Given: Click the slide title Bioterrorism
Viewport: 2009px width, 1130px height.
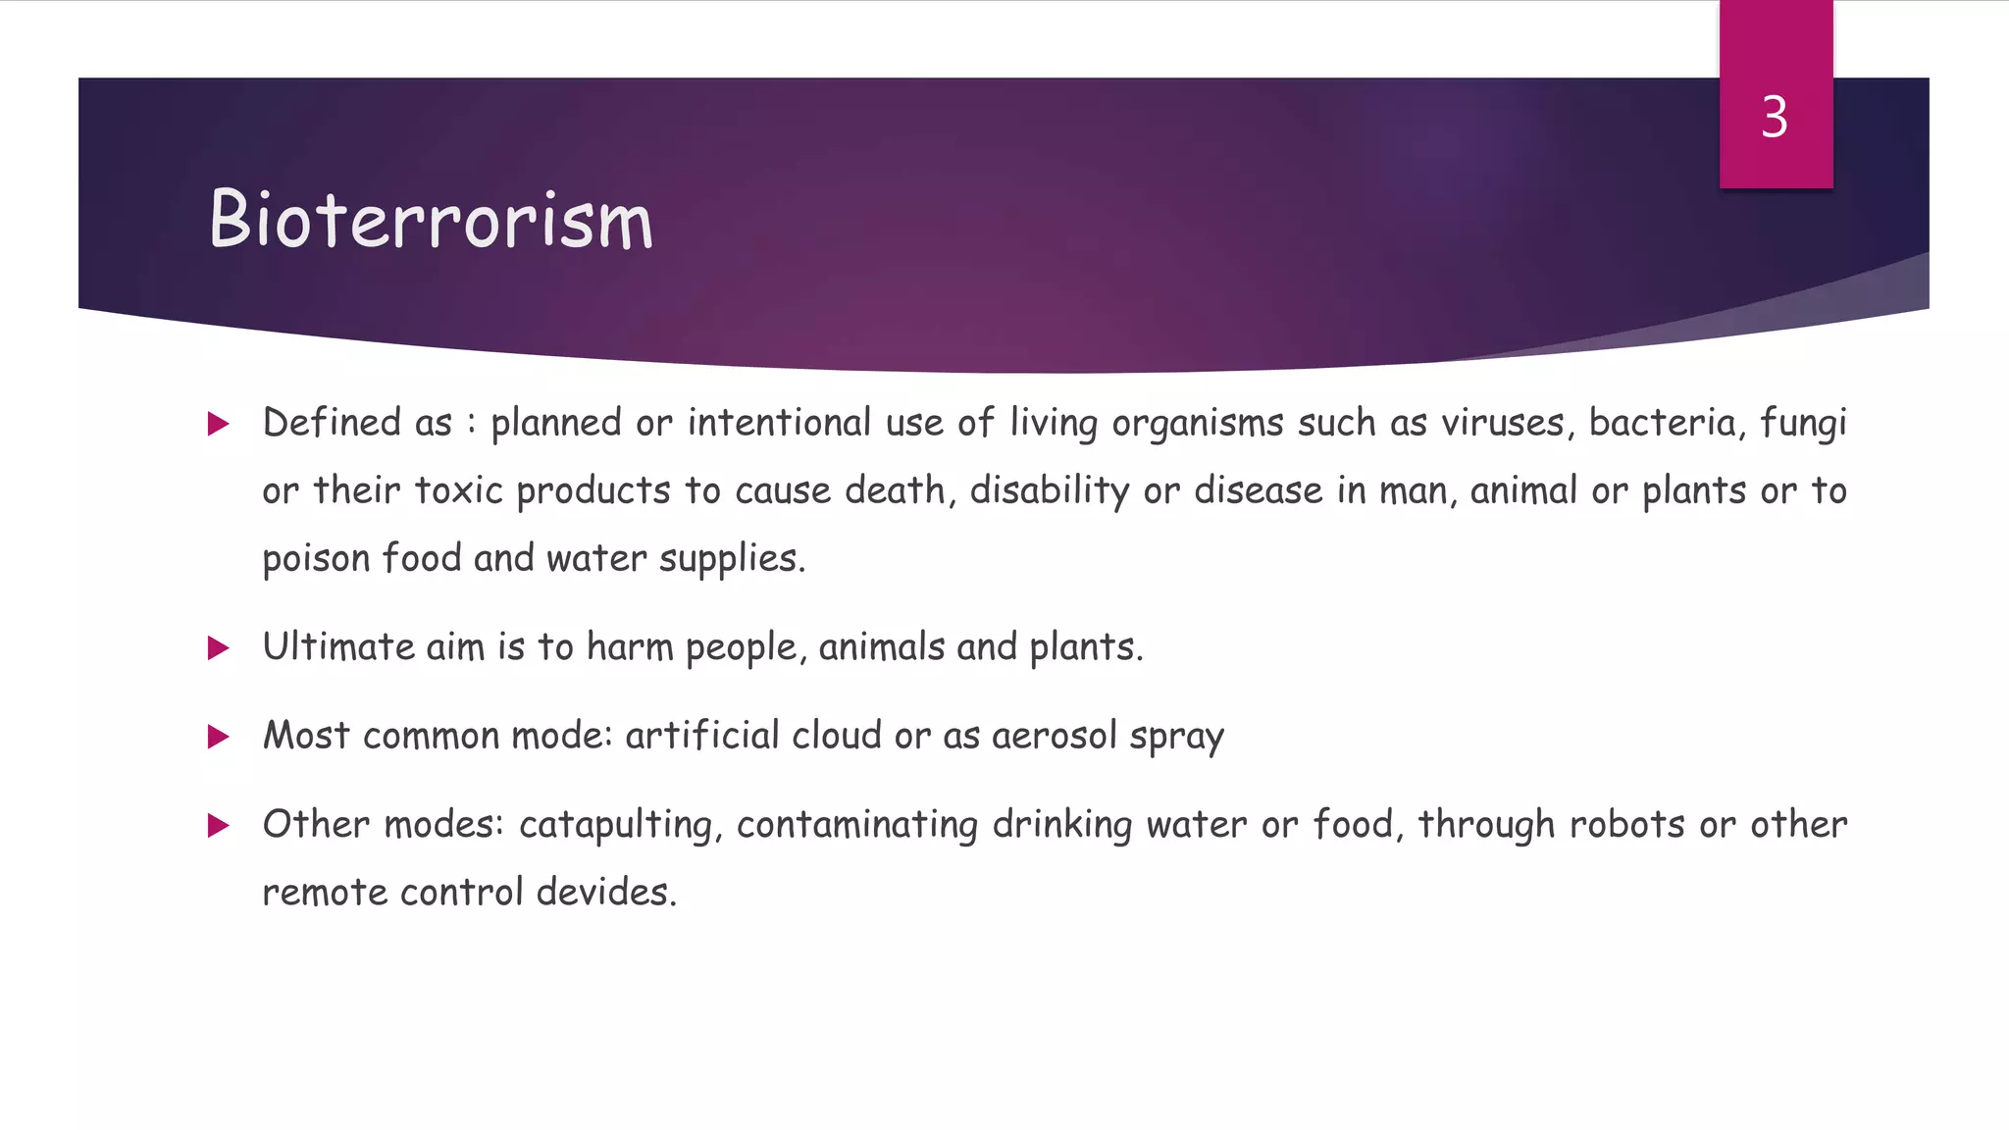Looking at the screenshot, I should pos(431,219).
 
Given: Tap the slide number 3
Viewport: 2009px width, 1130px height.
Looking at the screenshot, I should pos(1775,117).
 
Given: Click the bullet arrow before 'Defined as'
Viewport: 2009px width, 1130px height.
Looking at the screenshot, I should pos(218,424).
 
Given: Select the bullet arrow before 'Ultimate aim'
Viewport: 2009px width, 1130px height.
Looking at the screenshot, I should pos(218,647).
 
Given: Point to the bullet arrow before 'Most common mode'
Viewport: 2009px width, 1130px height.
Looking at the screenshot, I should pos(218,737).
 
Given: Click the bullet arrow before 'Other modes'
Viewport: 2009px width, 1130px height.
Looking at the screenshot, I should pos(218,825).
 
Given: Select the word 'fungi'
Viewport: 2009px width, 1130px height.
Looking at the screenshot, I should pos(1803,423).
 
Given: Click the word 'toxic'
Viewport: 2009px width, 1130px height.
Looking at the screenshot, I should pos(458,490).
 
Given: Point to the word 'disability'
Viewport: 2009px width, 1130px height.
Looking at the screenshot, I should pos(1050,490).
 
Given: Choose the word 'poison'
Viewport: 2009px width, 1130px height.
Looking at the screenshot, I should pos(315,558).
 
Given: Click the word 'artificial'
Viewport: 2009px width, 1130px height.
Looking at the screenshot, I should pos(702,736).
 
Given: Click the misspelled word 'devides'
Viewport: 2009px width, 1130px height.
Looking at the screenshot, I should pos(605,893).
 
